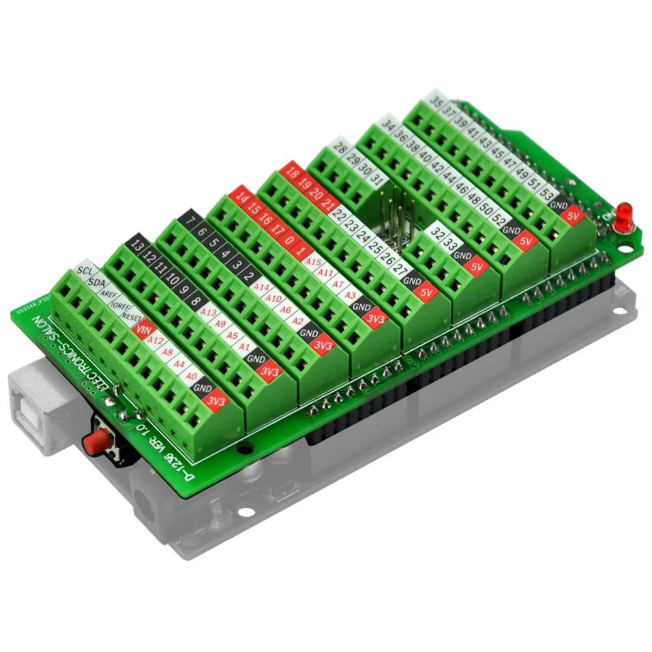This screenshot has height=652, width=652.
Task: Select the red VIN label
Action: click(x=142, y=330)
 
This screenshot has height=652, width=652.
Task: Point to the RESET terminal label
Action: click(x=131, y=318)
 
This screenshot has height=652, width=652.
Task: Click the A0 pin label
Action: click(x=191, y=376)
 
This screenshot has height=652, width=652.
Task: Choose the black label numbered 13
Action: click(x=137, y=245)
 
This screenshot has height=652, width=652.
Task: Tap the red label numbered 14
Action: click(x=243, y=196)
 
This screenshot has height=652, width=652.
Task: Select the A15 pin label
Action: click(x=314, y=262)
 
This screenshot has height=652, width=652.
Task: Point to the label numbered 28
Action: click(x=340, y=148)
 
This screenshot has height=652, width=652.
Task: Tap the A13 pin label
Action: click(x=208, y=313)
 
